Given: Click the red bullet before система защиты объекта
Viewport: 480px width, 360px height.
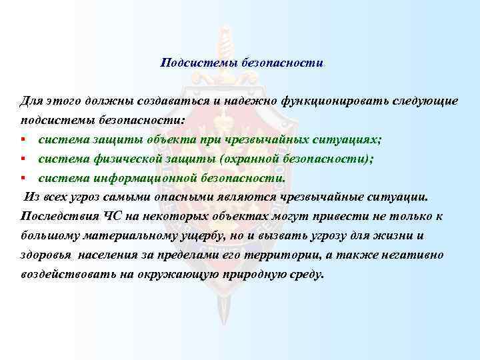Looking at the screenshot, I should click(x=23, y=139).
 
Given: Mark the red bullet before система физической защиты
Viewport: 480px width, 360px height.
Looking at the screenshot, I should click(x=23, y=159).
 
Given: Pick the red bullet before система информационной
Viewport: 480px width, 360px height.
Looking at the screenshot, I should click(x=23, y=178).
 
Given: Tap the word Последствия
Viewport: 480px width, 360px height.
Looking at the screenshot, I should click(x=57, y=217).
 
